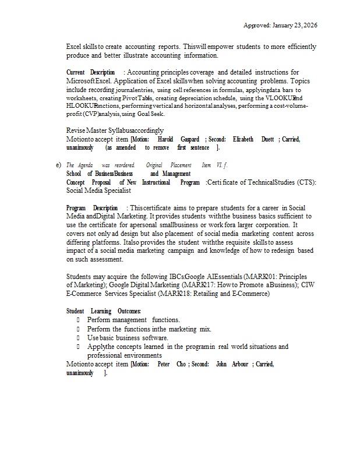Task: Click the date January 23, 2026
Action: pyautogui.click(x=295, y=26)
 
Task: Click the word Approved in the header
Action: pyautogui.click(x=256, y=26)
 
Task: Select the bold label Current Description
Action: pyautogui.click(x=90, y=72)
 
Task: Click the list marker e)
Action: pyautogui.click(x=59, y=165)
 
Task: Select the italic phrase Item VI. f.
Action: pyautogui.click(x=215, y=165)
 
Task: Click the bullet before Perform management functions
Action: pyautogui.click(x=79, y=320)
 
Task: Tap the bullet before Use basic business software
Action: pyautogui.click(x=79, y=338)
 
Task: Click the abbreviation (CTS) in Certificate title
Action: pyautogui.click(x=306, y=182)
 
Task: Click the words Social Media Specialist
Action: pyautogui.click(x=98, y=190)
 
